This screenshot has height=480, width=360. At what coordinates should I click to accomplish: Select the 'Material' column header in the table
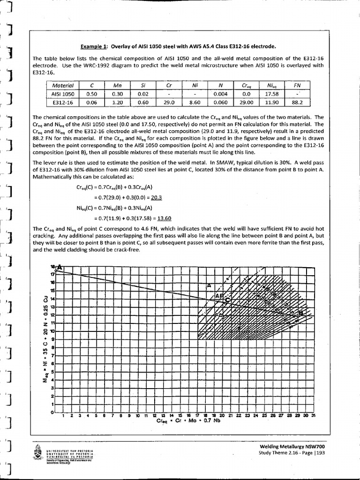click(62, 86)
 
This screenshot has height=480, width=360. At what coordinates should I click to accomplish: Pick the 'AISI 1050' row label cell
click(62, 94)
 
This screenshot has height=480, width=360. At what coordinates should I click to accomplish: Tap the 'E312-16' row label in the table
click(62, 101)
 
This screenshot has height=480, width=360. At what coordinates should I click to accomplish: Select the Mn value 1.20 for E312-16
click(118, 101)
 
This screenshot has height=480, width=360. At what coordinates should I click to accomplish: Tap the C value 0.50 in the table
click(92, 94)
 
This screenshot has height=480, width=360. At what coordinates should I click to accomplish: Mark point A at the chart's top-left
click(59, 267)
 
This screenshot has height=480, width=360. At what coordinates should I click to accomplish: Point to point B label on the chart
click(301, 313)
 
